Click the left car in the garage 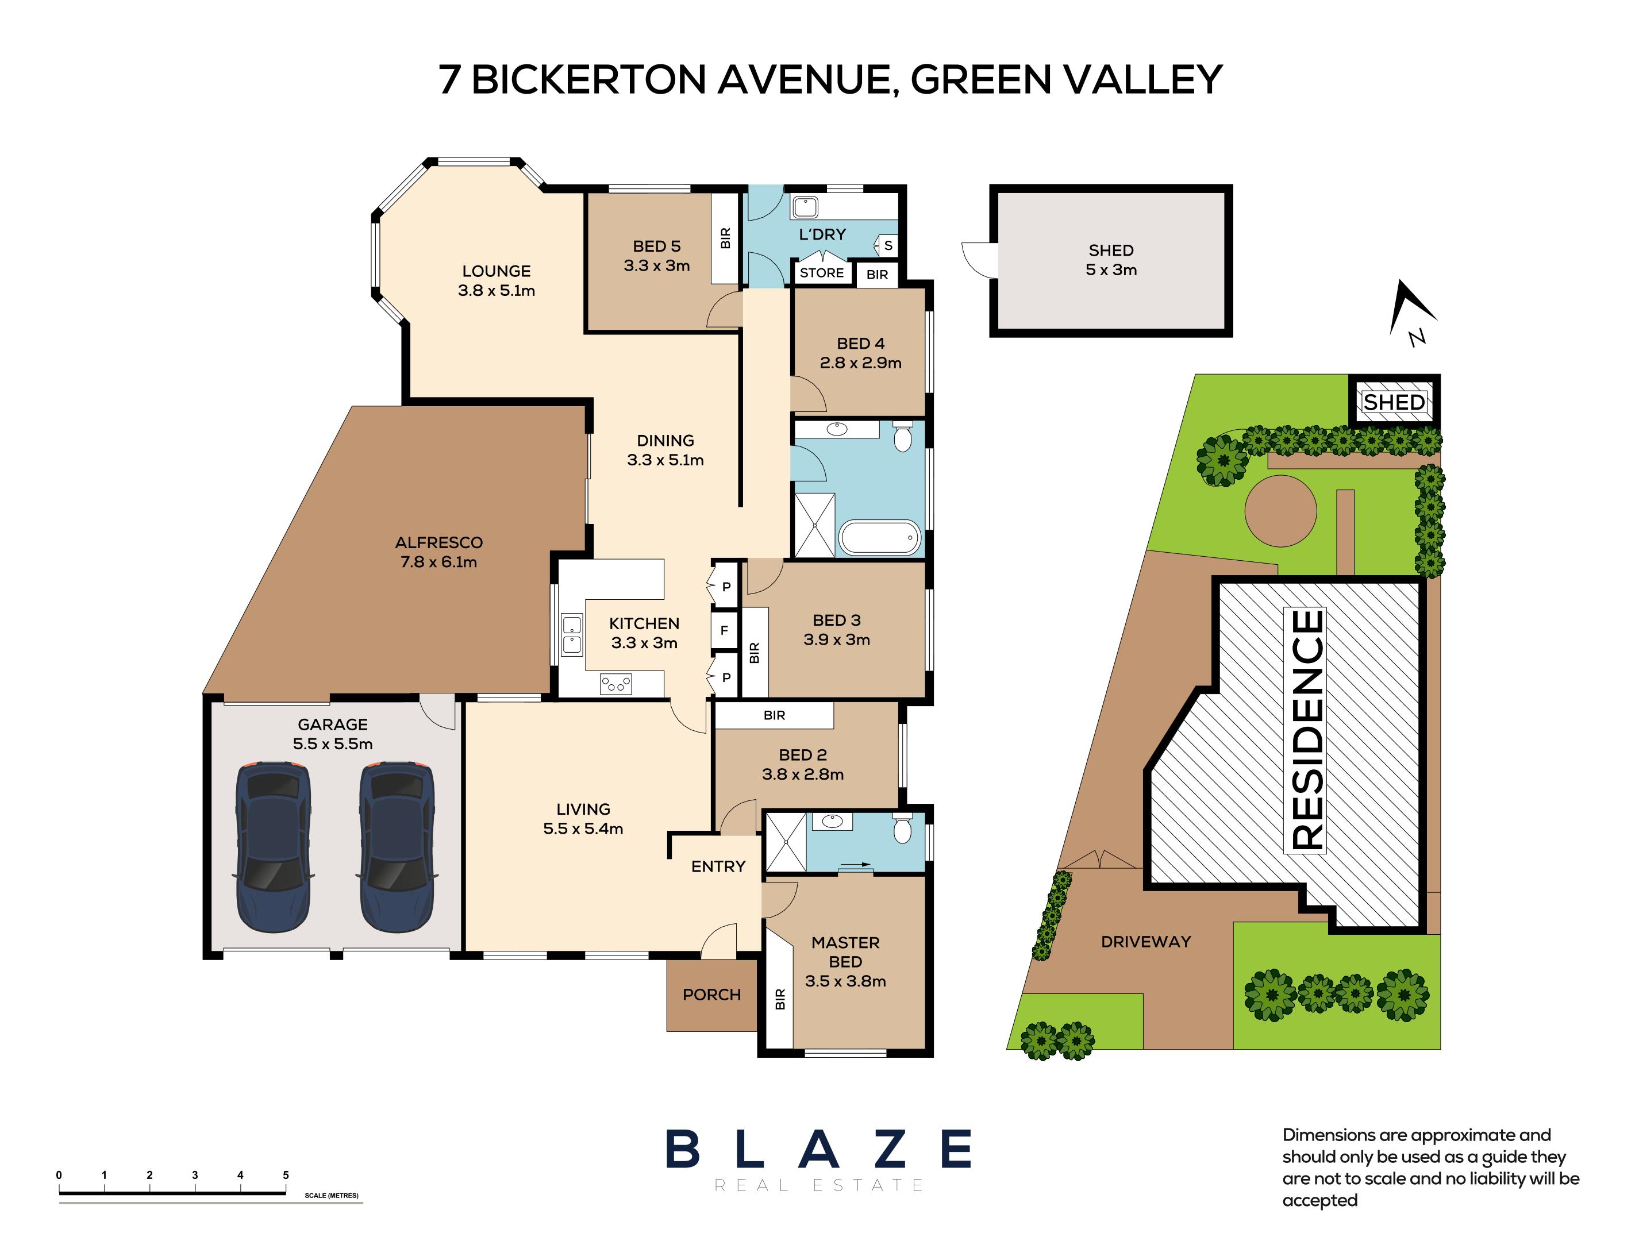[x=273, y=847]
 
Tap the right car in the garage [x=396, y=847]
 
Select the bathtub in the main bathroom [x=878, y=537]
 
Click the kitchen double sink [x=572, y=634]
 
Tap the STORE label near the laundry [x=821, y=273]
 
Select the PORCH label [x=711, y=995]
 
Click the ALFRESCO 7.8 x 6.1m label [x=439, y=552]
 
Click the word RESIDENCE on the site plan [x=1306, y=730]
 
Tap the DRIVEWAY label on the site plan [x=1145, y=942]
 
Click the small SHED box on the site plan [x=1394, y=403]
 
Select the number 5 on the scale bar [x=286, y=1175]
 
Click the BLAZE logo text [x=818, y=1150]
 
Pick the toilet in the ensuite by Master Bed [x=902, y=828]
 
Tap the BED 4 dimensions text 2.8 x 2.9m [x=860, y=363]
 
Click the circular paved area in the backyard [x=1280, y=511]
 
